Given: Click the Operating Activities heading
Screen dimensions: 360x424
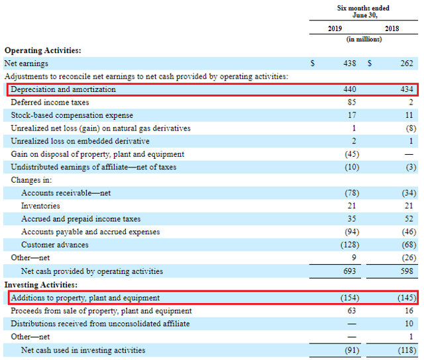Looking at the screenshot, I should tap(42, 50).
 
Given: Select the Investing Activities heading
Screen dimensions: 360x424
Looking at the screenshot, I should tap(41, 285).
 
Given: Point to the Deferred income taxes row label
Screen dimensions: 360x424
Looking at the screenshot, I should tap(50, 103).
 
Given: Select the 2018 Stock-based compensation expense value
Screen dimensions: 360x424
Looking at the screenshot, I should tap(409, 115).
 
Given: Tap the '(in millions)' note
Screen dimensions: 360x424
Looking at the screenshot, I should tap(364, 40).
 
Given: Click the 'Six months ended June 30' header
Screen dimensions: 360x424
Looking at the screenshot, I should tap(364, 12).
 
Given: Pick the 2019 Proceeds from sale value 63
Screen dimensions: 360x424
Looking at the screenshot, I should tap(351, 310).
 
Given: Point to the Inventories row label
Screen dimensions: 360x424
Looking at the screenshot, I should tap(40, 206).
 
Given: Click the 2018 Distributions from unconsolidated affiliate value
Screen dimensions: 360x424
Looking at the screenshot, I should tap(409, 324).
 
